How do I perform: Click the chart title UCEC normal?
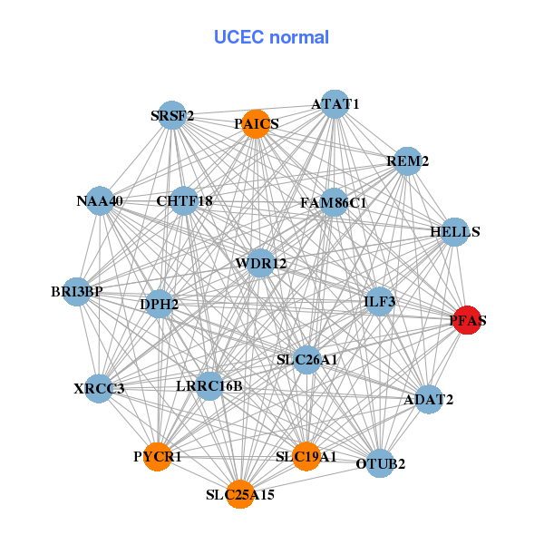click(271, 37)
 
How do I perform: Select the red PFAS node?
click(466, 320)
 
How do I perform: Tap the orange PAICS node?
click(257, 124)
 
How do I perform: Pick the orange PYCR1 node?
click(158, 456)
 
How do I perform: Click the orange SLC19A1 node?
click(306, 456)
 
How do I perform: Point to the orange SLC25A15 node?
click(240, 494)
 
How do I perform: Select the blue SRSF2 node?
click(172, 115)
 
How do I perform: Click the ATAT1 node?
click(335, 104)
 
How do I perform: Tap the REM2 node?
click(408, 161)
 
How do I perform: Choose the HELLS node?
click(454, 232)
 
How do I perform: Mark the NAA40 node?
click(100, 200)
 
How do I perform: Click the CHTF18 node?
click(184, 200)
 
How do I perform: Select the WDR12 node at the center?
click(260, 264)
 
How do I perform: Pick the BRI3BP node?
click(77, 292)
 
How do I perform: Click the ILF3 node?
click(379, 301)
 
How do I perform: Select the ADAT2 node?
click(429, 399)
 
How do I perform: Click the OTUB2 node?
click(381, 464)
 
